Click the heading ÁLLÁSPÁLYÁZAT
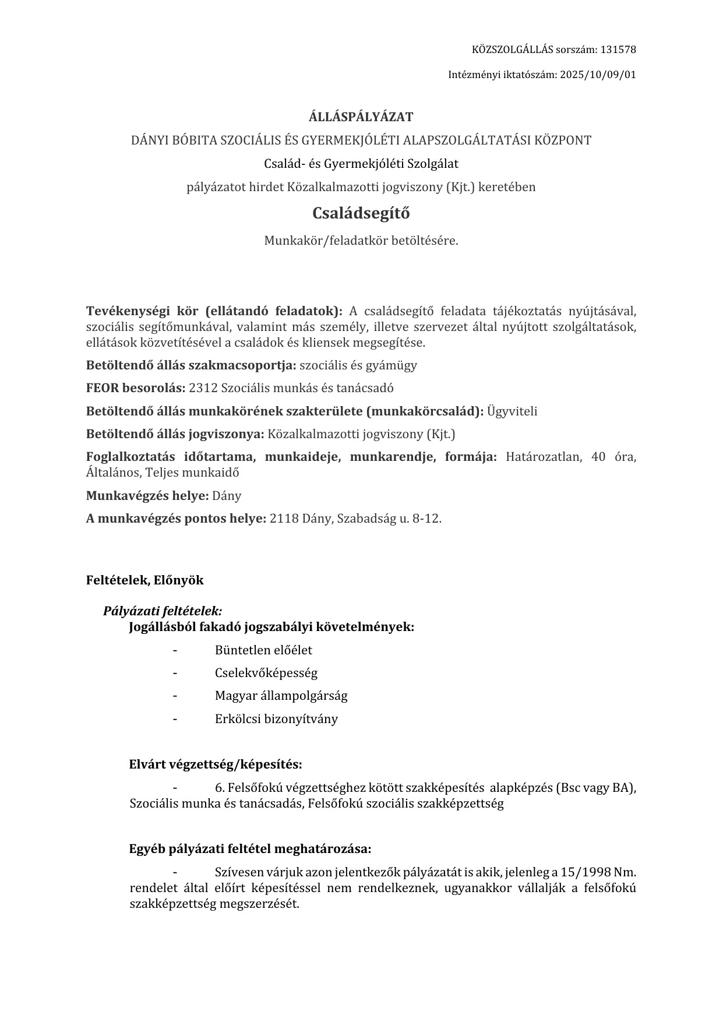361,117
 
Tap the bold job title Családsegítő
361,213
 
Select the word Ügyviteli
512,411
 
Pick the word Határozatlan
544,457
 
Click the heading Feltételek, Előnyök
145,580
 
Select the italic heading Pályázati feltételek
163,611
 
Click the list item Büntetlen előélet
263,650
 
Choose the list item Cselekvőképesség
266,673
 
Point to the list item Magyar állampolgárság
281,696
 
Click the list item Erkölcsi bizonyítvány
276,719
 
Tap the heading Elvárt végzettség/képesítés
215,764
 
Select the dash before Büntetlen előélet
175,650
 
